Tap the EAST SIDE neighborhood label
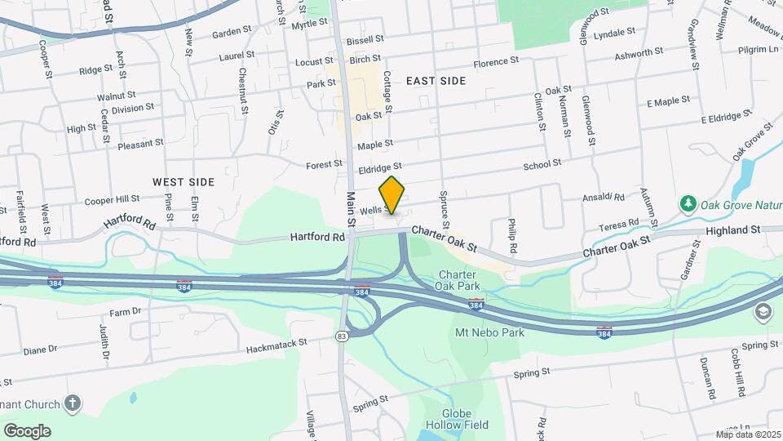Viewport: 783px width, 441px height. click(x=436, y=81)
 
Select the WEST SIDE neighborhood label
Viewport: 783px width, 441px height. click(x=183, y=181)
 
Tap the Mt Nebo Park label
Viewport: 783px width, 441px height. click(x=489, y=332)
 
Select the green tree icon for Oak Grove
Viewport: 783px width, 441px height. click(x=688, y=203)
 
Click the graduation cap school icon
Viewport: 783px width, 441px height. click(x=763, y=311)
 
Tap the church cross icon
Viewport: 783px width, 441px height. click(x=73, y=403)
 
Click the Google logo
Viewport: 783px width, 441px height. click(x=27, y=430)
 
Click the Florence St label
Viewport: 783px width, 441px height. click(x=496, y=62)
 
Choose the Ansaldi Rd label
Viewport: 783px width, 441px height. click(x=604, y=198)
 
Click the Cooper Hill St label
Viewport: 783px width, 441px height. click(x=113, y=199)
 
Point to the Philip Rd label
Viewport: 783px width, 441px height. click(x=511, y=235)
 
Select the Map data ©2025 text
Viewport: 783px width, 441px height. click(x=748, y=434)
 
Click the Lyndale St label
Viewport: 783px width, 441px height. click(x=615, y=33)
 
